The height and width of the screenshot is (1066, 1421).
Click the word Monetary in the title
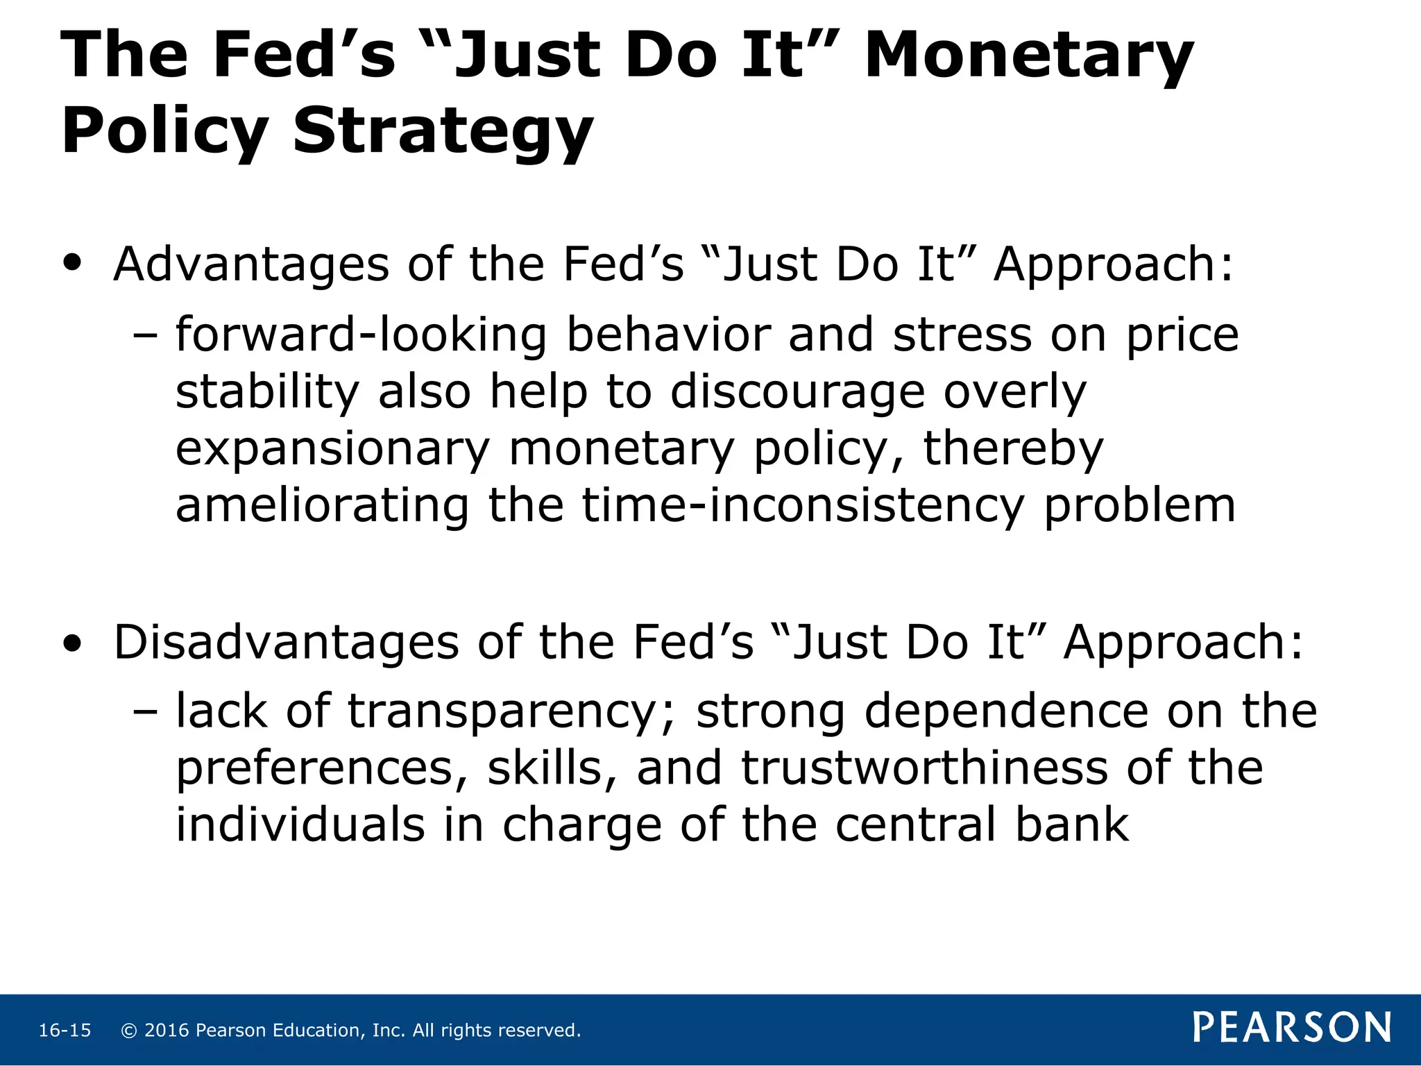1028,57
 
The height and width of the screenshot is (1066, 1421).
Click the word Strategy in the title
443,132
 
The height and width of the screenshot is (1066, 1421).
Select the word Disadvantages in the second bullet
286,642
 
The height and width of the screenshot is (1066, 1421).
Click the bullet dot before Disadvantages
72,643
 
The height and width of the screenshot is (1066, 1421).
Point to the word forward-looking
361,335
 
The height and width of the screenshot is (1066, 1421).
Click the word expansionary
332,449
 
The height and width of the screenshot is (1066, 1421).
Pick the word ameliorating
322,505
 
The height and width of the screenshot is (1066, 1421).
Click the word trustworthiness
924,768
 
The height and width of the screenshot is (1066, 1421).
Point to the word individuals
300,825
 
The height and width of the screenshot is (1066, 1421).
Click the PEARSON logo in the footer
1291,1028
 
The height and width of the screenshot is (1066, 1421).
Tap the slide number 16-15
65,1031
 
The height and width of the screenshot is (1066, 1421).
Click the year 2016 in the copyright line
167,1031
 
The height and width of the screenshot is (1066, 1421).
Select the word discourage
797,392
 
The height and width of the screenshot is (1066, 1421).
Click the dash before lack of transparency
146,713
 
